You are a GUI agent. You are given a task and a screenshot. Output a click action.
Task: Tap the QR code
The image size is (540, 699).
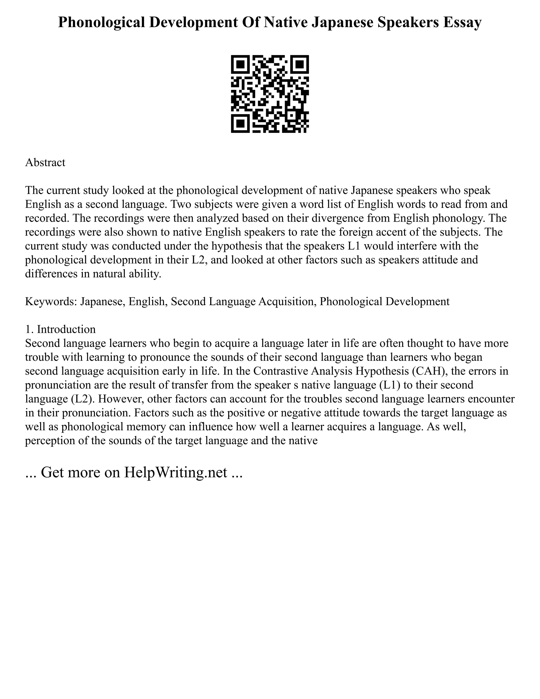tap(270, 94)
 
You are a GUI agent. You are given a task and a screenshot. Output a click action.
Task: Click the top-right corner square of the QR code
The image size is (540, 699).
tap(300, 64)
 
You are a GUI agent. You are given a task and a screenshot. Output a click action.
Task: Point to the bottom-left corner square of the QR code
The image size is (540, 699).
tap(240, 124)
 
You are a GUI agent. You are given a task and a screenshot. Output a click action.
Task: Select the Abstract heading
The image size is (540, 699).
tap(45, 162)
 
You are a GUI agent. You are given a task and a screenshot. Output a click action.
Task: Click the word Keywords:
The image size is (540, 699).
tap(51, 301)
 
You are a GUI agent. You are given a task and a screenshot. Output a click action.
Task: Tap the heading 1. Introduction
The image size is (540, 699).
tap(60, 329)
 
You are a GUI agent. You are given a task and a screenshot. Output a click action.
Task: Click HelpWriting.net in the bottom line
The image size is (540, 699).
tap(175, 472)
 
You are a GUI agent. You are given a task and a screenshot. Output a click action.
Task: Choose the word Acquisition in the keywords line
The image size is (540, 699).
tap(283, 301)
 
